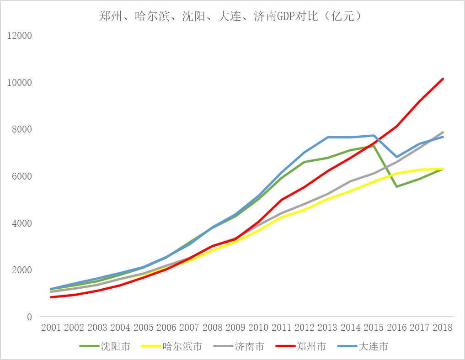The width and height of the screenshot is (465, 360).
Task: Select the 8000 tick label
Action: (x=22, y=130)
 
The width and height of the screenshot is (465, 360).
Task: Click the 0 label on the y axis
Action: (x=30, y=317)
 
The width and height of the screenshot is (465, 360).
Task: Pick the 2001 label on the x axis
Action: (x=51, y=328)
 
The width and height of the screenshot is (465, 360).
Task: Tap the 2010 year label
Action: (x=258, y=328)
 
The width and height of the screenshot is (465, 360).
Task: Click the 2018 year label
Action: (x=443, y=328)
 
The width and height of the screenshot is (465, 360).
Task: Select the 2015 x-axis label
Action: (x=374, y=328)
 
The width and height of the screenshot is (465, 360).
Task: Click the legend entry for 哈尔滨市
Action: (x=182, y=346)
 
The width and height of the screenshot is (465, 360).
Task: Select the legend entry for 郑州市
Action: (x=311, y=346)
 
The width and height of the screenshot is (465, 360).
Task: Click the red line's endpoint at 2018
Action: (x=443, y=79)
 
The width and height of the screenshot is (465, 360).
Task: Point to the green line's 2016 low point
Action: (x=396, y=186)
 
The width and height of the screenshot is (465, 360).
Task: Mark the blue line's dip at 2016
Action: (x=396, y=157)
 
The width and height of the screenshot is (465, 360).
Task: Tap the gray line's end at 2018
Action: (x=443, y=132)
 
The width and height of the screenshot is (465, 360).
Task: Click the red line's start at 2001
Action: (x=51, y=297)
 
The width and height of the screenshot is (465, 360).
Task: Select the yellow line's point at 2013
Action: (x=327, y=199)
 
